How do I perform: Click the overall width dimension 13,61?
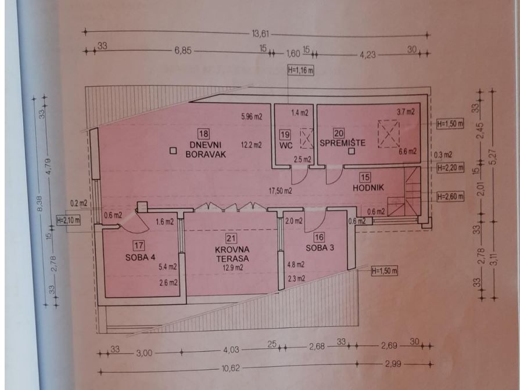tap(260, 34)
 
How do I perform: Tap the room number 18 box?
tap(203, 134)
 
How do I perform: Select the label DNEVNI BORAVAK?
tap(206, 149)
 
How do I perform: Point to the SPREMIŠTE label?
tap(342, 143)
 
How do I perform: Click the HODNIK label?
tap(368, 187)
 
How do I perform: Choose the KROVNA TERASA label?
tap(232, 254)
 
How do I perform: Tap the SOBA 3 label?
tap(320, 247)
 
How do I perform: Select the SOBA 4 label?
tap(140, 257)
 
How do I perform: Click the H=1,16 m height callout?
tap(300, 70)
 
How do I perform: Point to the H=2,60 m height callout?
tap(450, 197)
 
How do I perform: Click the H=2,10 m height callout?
tap(69, 220)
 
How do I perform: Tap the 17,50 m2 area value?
tap(280, 191)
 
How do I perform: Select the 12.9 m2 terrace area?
tap(233, 268)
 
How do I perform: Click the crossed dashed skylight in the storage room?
tap(388, 133)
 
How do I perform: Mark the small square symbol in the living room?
tap(173, 151)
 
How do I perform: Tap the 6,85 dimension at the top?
tap(183, 51)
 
